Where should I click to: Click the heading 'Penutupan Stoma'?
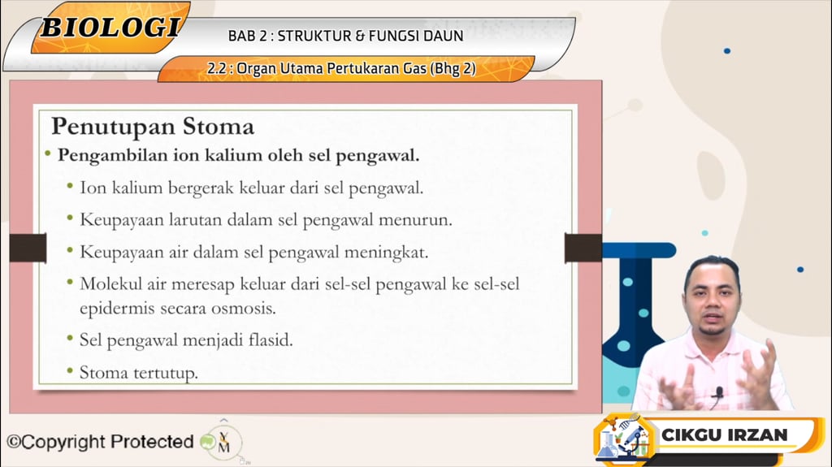tap(152, 127)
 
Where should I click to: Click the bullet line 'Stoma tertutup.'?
tap(138, 373)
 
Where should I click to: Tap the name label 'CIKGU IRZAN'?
tap(725, 435)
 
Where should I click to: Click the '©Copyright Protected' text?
tap(100, 442)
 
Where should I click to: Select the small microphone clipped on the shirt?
tap(717, 393)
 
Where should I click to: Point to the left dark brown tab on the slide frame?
tap(28, 248)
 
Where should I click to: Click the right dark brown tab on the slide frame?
tap(583, 248)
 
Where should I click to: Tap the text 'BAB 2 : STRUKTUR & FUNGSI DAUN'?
tap(345, 36)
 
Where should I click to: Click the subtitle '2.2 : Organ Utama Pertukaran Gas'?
tap(341, 69)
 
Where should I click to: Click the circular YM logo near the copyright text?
tap(223, 443)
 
